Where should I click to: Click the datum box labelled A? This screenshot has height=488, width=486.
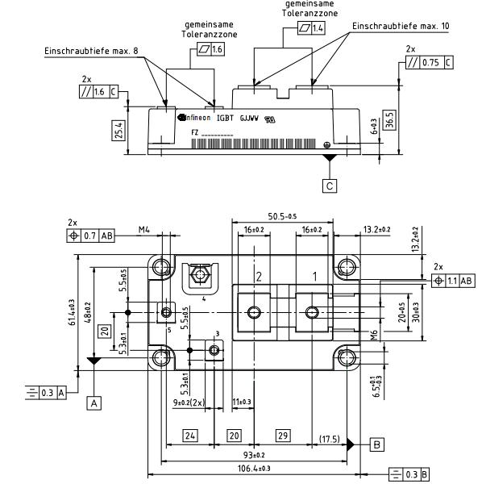click(95, 400)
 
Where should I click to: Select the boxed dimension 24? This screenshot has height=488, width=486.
click(190, 435)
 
